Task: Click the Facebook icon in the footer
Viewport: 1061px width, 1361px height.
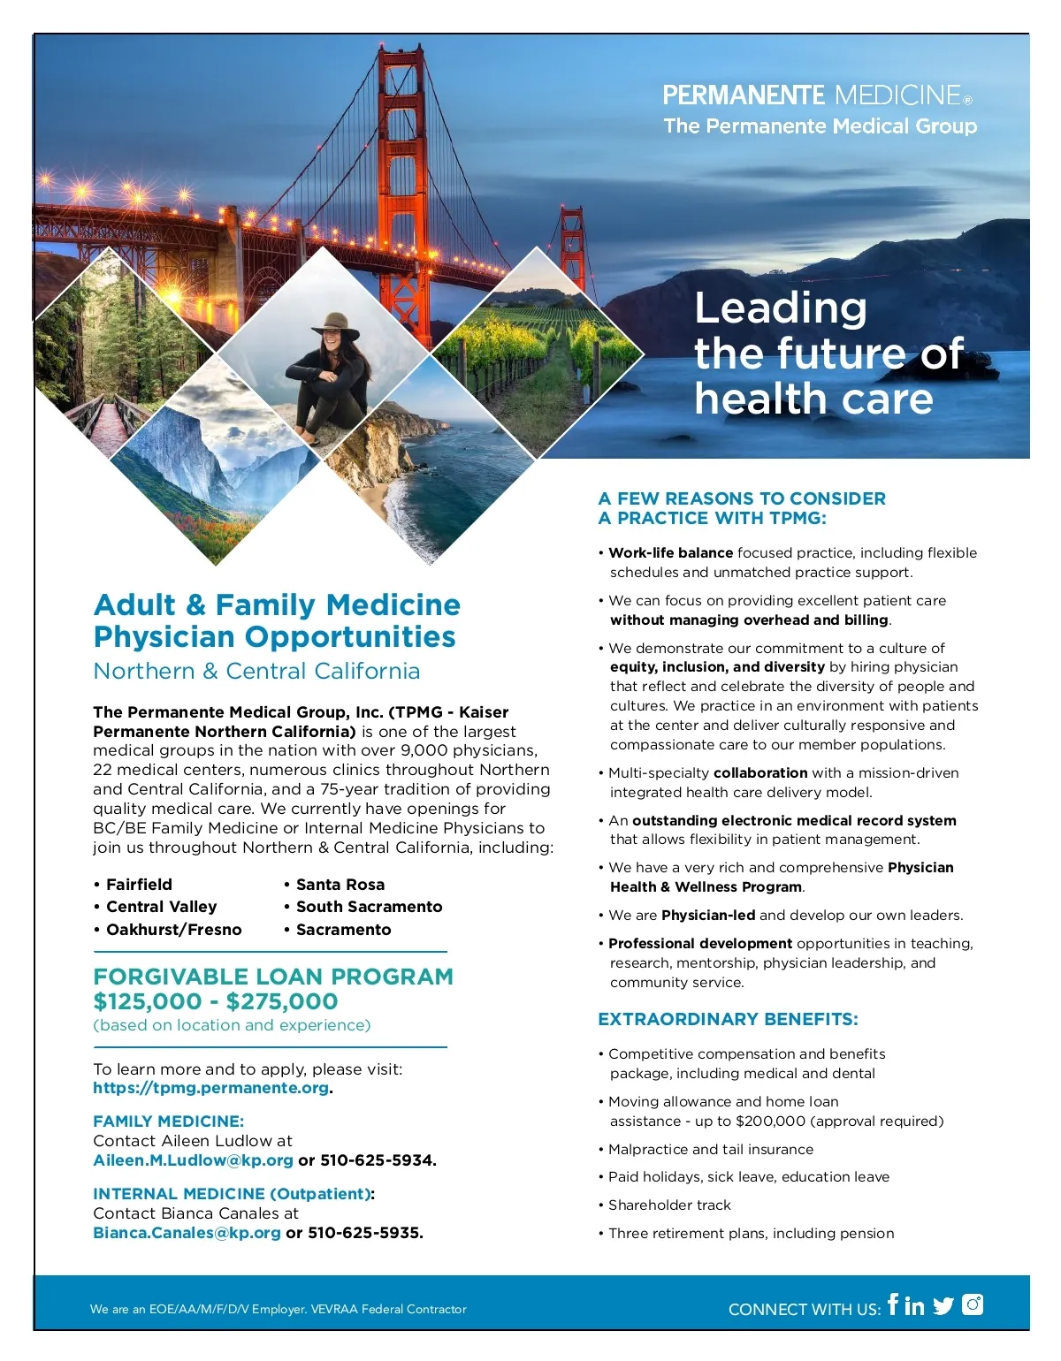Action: pos(893,1304)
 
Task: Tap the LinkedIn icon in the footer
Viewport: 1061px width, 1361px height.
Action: pos(914,1305)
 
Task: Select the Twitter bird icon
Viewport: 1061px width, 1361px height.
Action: pos(943,1305)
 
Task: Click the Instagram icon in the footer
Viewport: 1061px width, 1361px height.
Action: pos(973,1304)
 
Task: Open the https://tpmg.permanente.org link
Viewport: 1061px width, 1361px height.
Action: pos(210,1088)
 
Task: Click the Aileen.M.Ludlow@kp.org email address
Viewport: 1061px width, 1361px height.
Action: pos(193,1160)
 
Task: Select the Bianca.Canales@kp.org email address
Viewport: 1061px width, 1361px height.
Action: pos(187,1233)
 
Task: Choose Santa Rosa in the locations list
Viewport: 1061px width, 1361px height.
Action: pos(340,885)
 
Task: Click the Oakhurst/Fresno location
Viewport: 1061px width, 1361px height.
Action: pos(173,930)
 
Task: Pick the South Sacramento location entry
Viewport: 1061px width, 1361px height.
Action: pos(369,907)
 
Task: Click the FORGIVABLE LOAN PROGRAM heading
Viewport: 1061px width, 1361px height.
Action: pos(273,977)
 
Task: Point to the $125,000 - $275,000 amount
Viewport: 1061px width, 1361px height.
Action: pos(216,1001)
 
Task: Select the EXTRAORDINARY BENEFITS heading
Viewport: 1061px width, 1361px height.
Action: pos(728,1019)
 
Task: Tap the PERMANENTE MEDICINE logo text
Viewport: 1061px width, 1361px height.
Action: pos(812,95)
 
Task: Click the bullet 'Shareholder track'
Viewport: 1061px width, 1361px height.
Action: pos(669,1205)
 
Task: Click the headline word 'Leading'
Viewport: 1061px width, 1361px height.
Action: pos(781,308)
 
